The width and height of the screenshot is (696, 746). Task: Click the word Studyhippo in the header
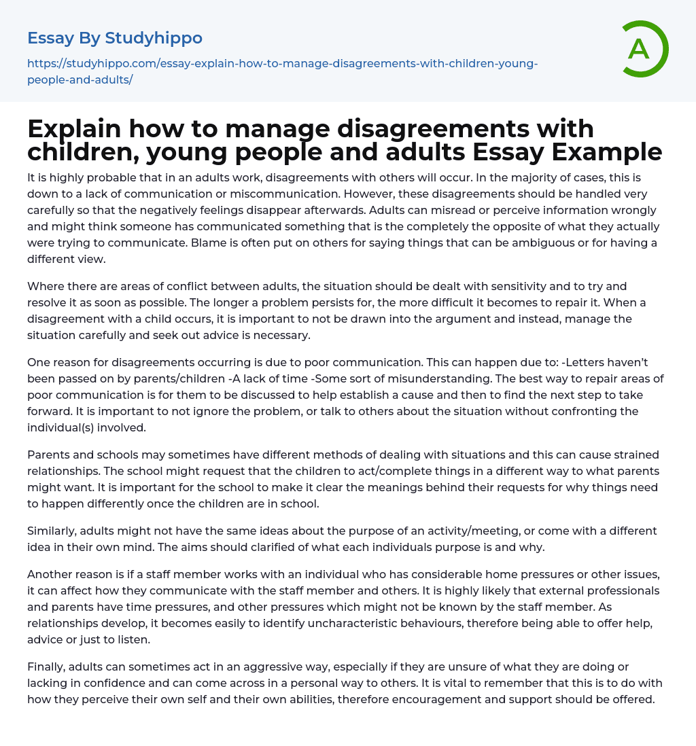pos(154,38)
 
